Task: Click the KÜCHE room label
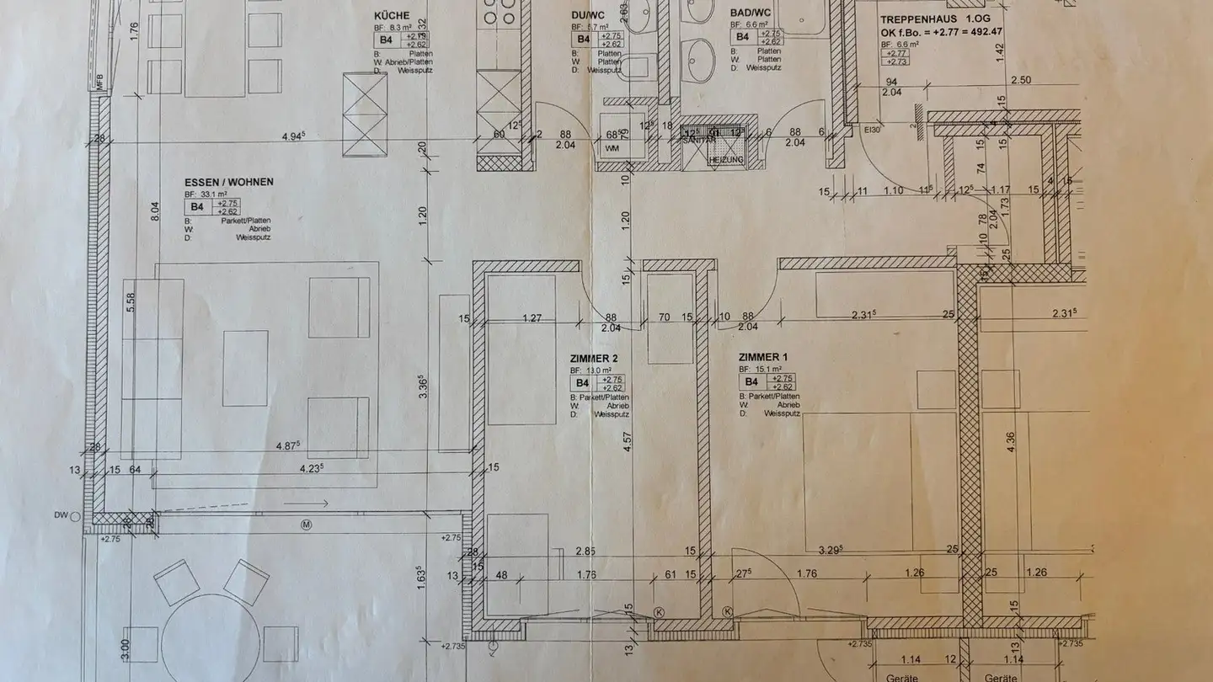[x=392, y=15]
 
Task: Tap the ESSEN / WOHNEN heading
[x=229, y=182]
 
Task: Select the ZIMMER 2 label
[x=594, y=359]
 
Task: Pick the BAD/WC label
[x=750, y=13]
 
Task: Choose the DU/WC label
[x=588, y=15]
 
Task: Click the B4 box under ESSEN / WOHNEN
[x=197, y=206]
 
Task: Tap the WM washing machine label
[x=611, y=149]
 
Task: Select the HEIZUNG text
[x=720, y=159]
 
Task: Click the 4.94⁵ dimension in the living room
[x=294, y=136]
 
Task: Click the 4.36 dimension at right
[x=1011, y=442]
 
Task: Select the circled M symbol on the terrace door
[x=306, y=524]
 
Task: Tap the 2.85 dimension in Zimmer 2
[x=585, y=551]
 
